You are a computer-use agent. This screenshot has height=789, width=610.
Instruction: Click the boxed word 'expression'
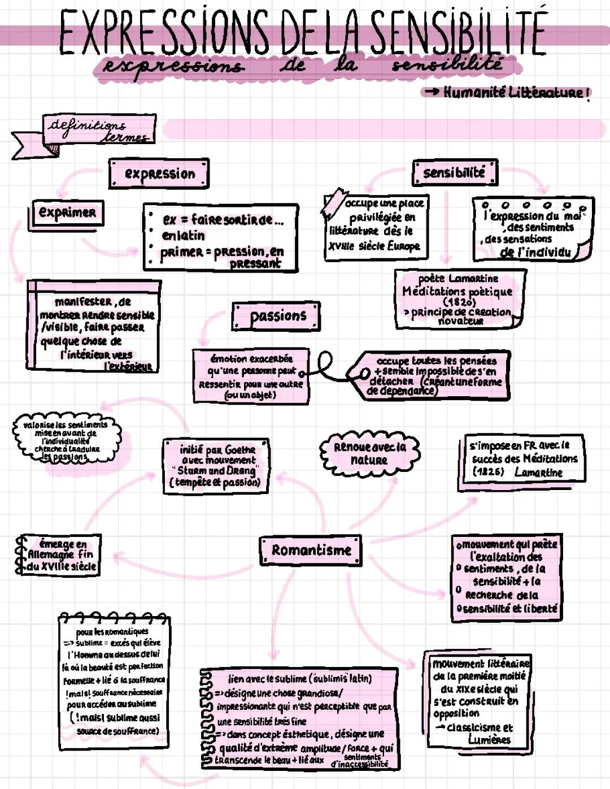coord(159,174)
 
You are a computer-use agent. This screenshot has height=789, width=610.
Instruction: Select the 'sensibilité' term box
coord(455,172)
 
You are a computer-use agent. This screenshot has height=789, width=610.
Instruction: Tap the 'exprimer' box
coord(67,213)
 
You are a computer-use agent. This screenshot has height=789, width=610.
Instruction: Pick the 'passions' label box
coord(277,316)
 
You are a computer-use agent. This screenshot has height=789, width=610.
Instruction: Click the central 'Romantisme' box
coord(311,550)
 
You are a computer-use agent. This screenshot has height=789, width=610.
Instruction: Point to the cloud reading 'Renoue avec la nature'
coord(369,453)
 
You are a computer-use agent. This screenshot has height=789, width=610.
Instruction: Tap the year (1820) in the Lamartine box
coord(459,302)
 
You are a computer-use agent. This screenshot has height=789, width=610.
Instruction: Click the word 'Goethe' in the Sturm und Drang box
coord(239,450)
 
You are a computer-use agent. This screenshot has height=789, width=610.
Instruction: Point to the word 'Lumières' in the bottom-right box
coord(489,739)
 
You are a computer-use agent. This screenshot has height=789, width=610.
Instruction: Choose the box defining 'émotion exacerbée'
coord(251,376)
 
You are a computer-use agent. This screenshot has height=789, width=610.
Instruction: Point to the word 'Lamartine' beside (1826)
coord(538,472)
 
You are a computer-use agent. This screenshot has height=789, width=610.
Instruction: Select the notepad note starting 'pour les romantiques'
coord(114,681)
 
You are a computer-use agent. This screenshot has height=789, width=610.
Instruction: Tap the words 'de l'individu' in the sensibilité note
coord(535,252)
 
